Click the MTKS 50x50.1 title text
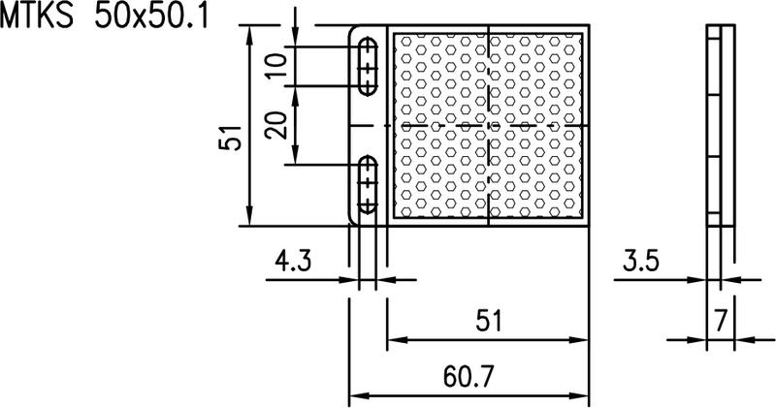tap(104, 16)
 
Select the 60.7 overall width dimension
tap(469, 377)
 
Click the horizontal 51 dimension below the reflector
tap(489, 321)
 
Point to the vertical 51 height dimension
tap(230, 137)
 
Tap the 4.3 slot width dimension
tap(294, 261)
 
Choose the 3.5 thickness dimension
tap(641, 261)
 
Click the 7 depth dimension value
tap(721, 321)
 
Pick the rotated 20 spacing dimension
tap(276, 125)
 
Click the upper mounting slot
tap(368, 66)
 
